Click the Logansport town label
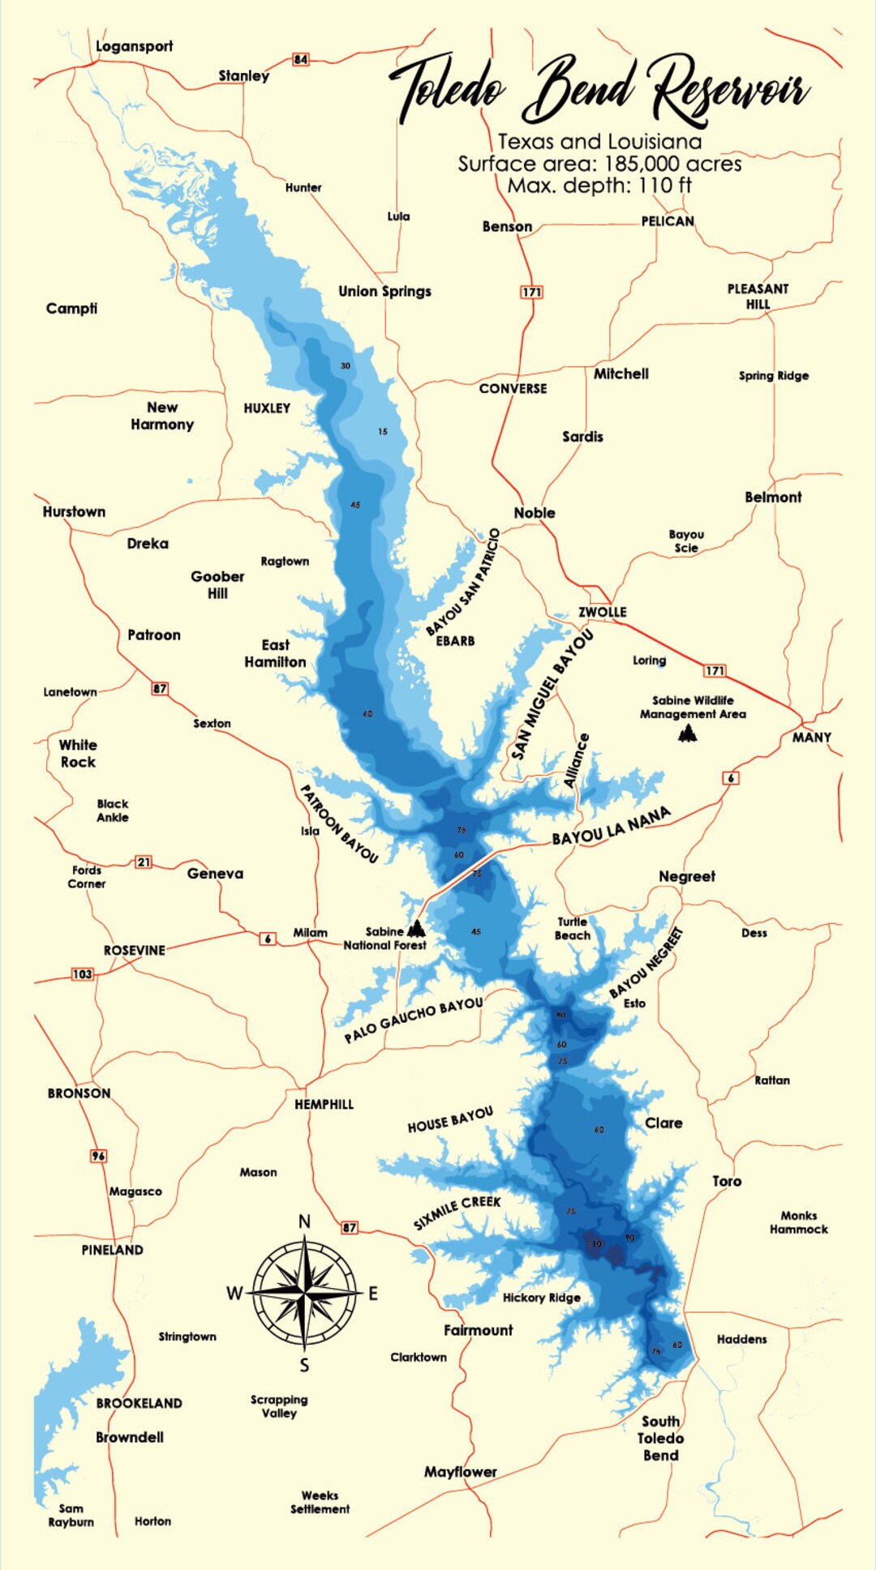click(x=134, y=46)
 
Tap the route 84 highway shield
click(x=301, y=59)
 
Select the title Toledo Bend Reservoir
click(x=600, y=90)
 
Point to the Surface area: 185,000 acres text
click(x=599, y=164)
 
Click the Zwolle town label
click(x=602, y=612)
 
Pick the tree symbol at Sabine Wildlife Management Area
click(x=688, y=734)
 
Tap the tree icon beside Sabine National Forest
click(x=416, y=928)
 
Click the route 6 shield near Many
click(x=731, y=778)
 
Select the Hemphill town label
click(x=324, y=1104)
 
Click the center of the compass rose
click(x=304, y=1293)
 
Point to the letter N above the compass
click(x=304, y=1221)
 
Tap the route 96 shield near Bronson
click(x=98, y=1156)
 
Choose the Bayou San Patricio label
click(x=463, y=582)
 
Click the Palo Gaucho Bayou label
click(x=414, y=1020)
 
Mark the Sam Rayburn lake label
click(x=71, y=1515)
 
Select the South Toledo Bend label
click(x=661, y=1438)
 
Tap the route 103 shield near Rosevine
click(x=83, y=974)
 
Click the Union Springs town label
click(x=384, y=291)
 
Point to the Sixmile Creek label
click(x=457, y=1212)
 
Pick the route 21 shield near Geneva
click(x=144, y=862)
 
